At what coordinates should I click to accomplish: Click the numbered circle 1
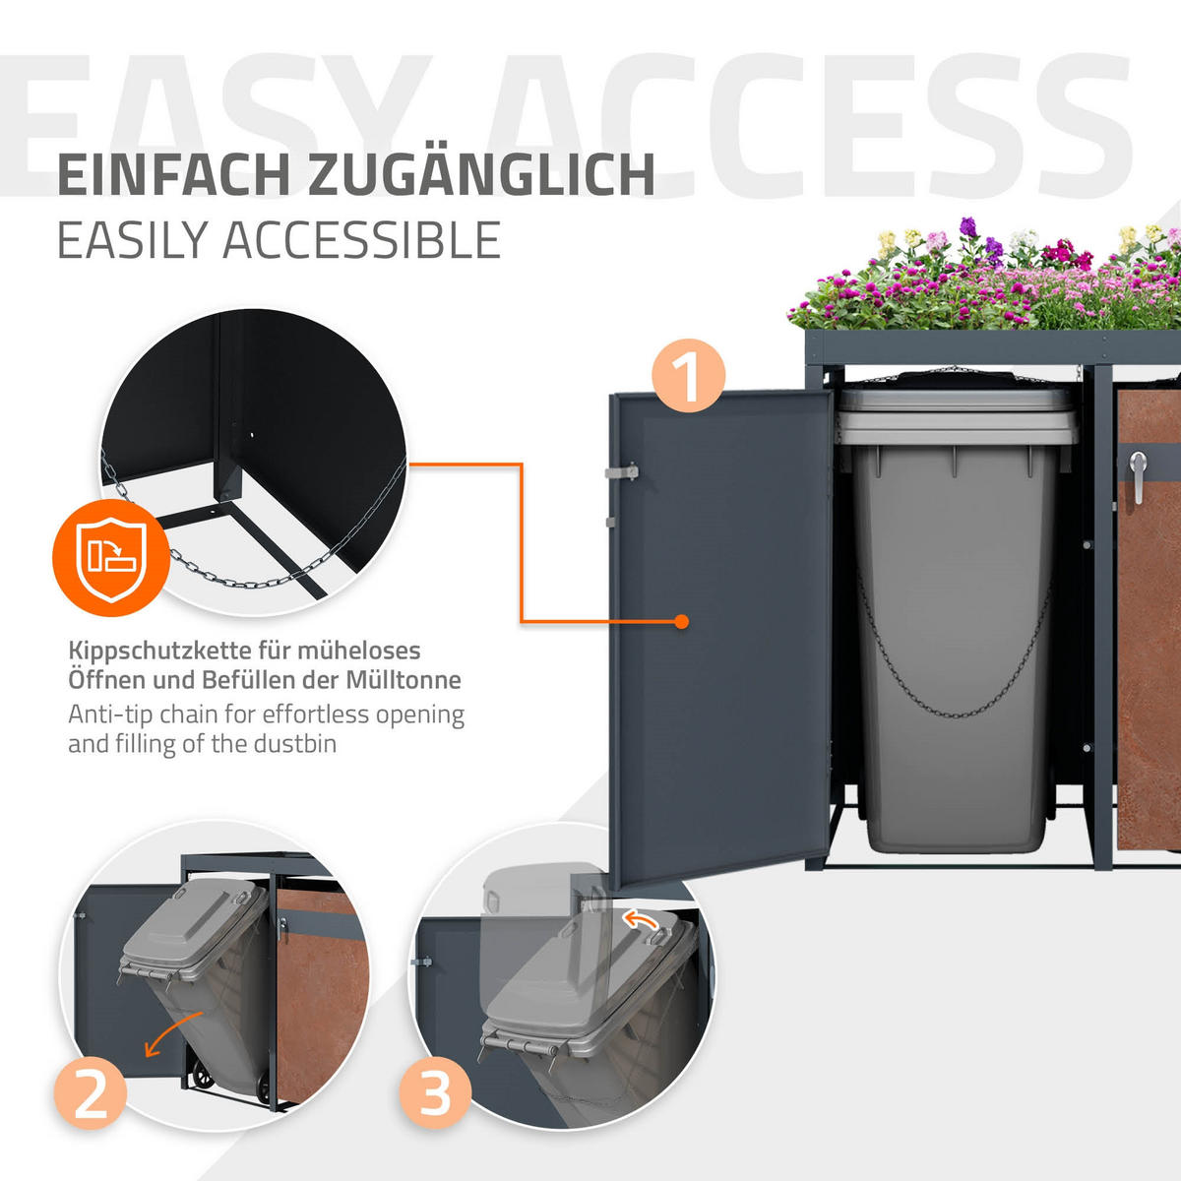(688, 375)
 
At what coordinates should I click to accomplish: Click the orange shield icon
(111, 558)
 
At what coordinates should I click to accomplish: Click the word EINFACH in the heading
(173, 176)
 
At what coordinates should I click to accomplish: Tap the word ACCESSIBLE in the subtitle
(361, 240)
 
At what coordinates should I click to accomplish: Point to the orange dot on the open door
(681, 621)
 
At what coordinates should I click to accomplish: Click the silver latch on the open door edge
(621, 472)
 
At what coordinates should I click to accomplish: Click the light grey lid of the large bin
(958, 416)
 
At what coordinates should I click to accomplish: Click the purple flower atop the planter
(968, 226)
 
